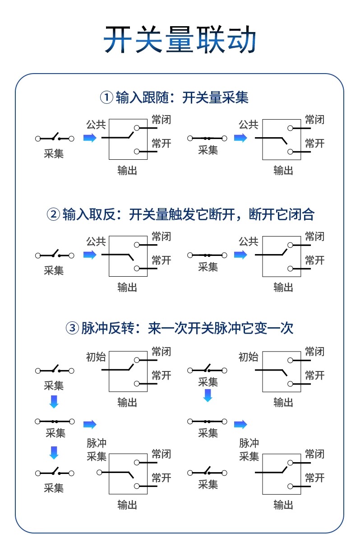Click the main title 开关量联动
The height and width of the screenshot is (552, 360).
tap(180, 40)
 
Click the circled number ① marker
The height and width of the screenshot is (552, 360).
tap(106, 97)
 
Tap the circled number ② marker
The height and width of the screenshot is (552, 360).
tap(53, 214)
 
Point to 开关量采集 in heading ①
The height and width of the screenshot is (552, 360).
tap(215, 97)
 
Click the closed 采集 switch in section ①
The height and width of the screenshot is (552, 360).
tap(208, 138)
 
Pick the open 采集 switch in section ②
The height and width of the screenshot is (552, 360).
tap(55, 255)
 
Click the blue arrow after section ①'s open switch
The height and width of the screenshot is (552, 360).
tap(90, 138)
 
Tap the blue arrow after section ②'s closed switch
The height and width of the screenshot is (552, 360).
tap(240, 255)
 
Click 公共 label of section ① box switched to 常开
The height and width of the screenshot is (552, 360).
tap(248, 125)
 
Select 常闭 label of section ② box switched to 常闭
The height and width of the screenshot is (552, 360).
tap(314, 236)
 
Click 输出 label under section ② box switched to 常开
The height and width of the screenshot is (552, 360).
tap(127, 287)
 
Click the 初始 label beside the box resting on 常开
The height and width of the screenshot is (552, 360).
tap(248, 357)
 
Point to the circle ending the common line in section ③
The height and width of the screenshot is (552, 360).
tap(99, 472)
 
